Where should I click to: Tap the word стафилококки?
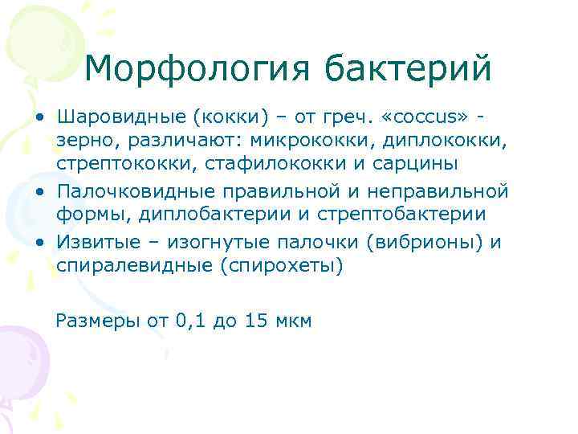260,165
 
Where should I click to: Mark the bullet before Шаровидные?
40,118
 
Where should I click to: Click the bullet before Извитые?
40,244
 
